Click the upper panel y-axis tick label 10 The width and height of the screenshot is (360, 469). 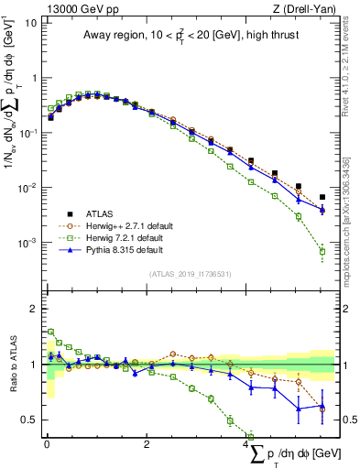point(29,22)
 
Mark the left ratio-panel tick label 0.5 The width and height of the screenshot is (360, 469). point(27,420)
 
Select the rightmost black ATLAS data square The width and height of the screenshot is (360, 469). point(322,197)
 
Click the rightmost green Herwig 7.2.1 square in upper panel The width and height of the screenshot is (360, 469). point(322,251)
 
